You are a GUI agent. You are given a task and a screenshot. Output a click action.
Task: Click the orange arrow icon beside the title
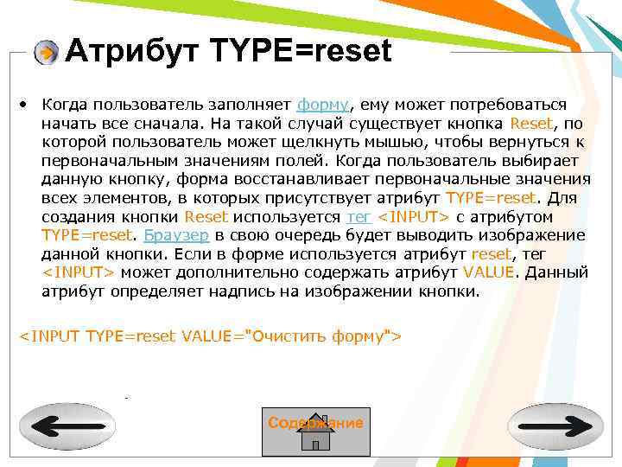46,53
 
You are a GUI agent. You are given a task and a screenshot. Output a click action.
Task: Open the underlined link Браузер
176,235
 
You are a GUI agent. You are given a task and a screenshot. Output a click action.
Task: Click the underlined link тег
358,216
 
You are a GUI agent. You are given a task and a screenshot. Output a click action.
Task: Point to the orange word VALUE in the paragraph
488,272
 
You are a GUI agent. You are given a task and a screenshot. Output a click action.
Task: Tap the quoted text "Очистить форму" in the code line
320,336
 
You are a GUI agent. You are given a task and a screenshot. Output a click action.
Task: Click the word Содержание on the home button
315,422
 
